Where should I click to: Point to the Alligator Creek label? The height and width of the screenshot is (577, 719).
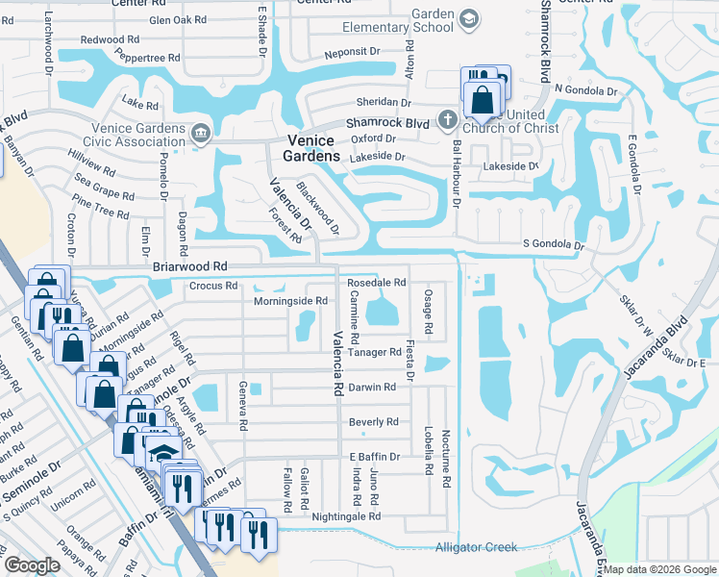tap(476, 547)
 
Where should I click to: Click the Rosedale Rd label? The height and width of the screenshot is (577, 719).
tap(377, 283)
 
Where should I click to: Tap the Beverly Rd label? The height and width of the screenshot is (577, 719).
tap(373, 422)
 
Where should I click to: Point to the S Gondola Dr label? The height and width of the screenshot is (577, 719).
tap(553, 245)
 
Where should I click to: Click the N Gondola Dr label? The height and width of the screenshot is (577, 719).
tap(584, 90)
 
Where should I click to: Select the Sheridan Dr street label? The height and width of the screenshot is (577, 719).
tap(384, 102)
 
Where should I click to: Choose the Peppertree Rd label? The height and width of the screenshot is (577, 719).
tap(149, 58)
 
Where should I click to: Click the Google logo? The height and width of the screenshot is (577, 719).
tap(32, 565)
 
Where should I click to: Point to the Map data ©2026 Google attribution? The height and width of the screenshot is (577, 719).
tap(659, 569)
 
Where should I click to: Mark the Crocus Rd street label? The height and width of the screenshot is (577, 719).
tap(213, 286)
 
